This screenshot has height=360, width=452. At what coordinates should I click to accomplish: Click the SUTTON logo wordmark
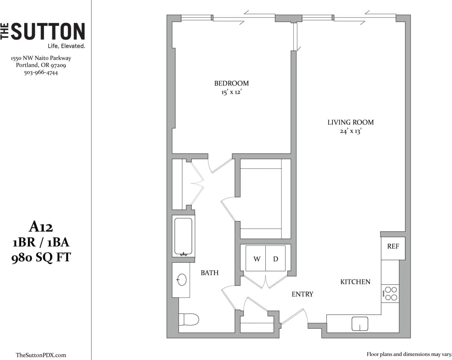(x=48, y=31)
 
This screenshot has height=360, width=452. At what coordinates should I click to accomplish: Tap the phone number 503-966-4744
(x=41, y=73)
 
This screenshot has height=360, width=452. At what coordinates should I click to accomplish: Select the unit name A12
(x=41, y=227)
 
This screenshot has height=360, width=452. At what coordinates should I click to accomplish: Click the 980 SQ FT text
(x=41, y=257)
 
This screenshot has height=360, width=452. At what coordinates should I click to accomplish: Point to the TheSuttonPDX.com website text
(x=41, y=355)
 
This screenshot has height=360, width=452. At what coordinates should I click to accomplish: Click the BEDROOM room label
(x=231, y=83)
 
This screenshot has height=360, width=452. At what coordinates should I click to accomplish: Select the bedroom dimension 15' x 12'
(x=231, y=92)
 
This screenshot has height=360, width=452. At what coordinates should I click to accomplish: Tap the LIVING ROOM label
(x=350, y=122)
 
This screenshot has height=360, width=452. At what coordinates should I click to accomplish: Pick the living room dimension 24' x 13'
(x=350, y=131)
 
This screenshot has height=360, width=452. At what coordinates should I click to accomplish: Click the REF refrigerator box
(x=393, y=246)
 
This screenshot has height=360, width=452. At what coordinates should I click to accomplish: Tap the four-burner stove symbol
(x=390, y=294)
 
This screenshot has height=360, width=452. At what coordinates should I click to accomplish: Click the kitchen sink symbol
(x=360, y=324)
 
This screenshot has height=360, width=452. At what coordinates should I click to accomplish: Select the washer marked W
(x=257, y=259)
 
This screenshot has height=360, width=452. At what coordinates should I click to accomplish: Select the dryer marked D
(x=276, y=259)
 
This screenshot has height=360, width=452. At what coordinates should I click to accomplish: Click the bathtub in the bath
(x=183, y=237)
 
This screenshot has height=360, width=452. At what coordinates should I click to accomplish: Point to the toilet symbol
(x=189, y=319)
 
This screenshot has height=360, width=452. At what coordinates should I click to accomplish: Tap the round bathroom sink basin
(x=182, y=280)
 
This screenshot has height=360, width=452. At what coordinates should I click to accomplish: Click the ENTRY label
(x=302, y=294)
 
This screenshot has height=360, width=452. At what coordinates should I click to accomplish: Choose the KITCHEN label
(x=355, y=282)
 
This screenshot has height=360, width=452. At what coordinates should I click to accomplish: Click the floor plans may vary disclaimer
(x=409, y=354)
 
